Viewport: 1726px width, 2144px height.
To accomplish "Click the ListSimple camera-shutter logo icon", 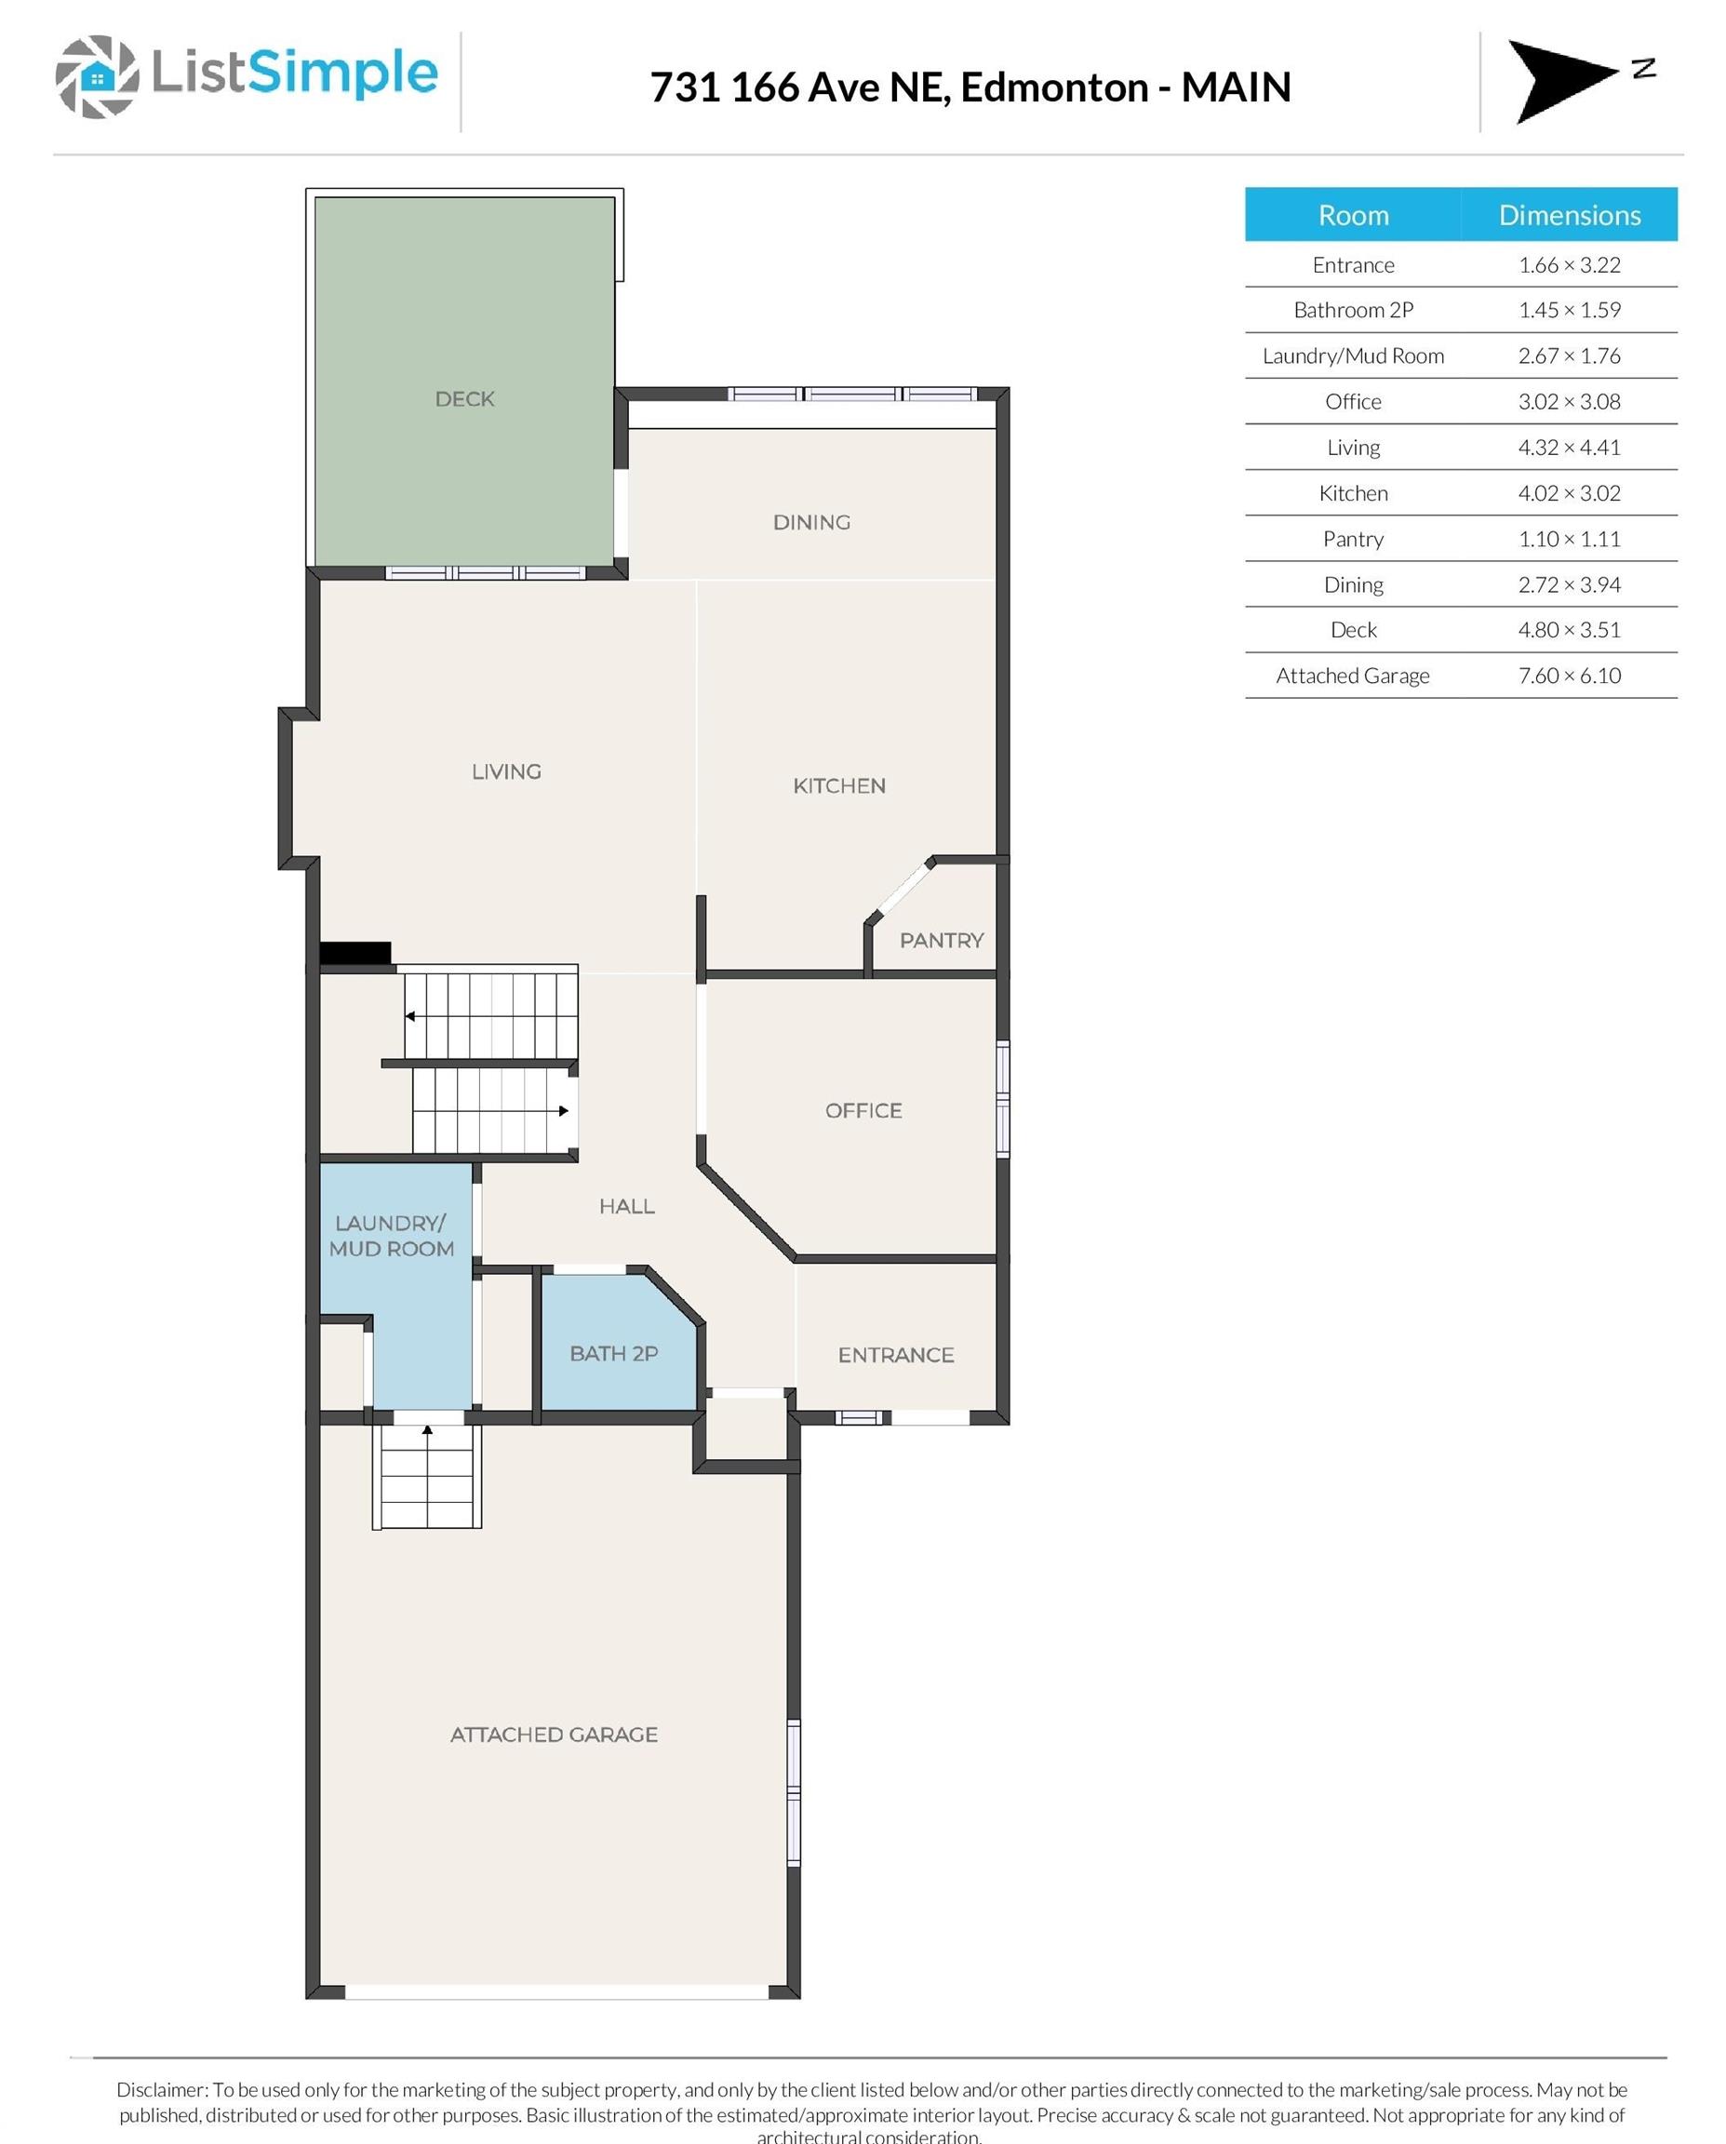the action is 97,76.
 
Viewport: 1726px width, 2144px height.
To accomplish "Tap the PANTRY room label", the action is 942,941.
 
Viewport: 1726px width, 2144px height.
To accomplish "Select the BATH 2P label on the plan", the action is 613,1353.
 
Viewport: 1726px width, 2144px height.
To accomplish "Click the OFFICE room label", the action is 863,1111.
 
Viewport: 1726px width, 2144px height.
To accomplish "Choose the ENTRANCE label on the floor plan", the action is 896,1356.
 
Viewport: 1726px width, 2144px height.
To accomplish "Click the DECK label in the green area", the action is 464,399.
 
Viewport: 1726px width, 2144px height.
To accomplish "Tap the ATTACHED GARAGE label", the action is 554,1735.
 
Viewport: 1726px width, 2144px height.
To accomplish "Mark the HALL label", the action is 626,1206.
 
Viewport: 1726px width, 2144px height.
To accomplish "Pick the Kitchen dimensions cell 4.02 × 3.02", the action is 1569,493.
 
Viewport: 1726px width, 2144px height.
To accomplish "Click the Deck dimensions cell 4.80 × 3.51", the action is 1569,629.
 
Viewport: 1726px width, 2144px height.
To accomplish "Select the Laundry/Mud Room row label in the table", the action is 1353,356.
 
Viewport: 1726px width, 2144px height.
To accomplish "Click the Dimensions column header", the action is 1570,215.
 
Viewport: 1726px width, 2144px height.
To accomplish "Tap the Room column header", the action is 1353,215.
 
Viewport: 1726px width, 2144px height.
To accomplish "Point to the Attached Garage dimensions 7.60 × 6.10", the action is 1569,676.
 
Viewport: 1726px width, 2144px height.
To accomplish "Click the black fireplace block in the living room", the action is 355,953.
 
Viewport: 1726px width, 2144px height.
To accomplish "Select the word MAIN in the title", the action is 1236,87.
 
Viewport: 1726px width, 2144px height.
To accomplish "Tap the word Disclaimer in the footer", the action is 162,2090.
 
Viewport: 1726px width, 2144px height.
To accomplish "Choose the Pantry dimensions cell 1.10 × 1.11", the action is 1569,539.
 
